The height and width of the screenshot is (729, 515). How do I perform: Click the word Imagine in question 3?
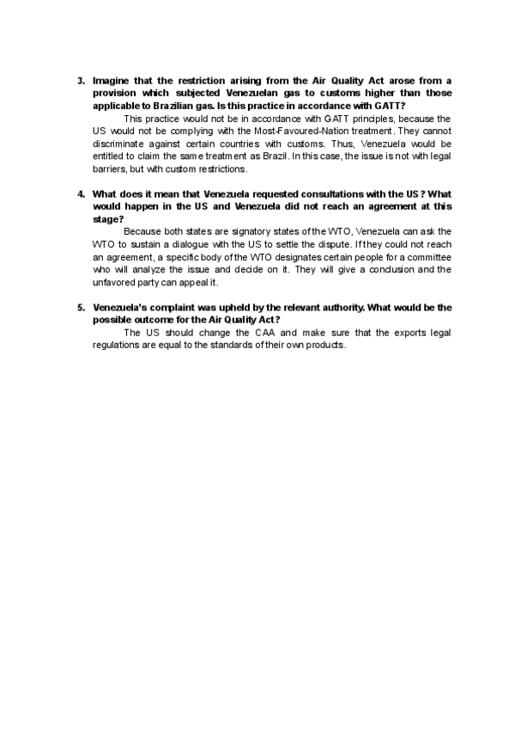point(113,81)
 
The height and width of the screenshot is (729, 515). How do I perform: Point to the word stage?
point(108,219)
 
